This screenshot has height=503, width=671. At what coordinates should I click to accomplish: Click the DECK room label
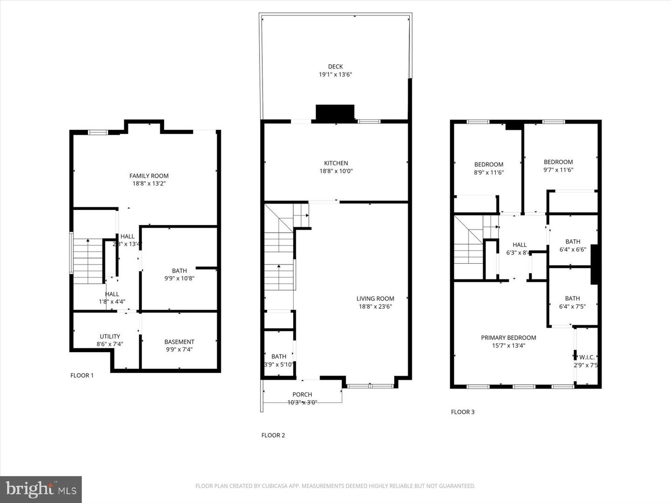tap(335, 67)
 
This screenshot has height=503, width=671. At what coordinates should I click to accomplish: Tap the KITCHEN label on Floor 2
tap(336, 163)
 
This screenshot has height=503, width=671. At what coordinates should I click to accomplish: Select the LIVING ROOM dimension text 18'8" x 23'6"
tap(375, 306)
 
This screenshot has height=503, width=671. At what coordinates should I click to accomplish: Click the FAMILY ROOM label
tap(149, 176)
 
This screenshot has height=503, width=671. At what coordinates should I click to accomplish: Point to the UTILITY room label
tap(110, 336)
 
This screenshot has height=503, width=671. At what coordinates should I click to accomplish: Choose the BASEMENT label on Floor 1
tap(179, 341)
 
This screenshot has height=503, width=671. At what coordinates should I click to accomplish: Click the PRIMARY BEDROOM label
tap(508, 338)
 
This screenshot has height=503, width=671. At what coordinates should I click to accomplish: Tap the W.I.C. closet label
tap(586, 357)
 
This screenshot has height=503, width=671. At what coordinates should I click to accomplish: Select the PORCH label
tap(302, 394)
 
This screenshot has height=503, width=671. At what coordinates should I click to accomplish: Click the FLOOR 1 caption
tap(82, 375)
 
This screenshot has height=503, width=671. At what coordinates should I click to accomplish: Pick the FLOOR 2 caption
tap(273, 435)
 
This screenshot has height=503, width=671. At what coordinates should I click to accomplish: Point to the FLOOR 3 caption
tap(463, 412)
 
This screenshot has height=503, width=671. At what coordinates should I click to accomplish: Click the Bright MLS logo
tap(41, 489)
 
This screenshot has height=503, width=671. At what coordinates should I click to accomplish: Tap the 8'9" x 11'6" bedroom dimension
tap(489, 172)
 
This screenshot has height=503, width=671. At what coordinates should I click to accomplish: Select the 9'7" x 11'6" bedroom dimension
tap(558, 170)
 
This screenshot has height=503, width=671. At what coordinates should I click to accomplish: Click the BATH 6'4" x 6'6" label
tap(573, 242)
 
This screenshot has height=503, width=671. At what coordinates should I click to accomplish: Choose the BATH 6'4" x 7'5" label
tap(572, 299)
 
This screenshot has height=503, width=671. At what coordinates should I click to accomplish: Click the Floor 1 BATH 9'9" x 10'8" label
tap(179, 271)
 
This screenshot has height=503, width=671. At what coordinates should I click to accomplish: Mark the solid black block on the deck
tap(335, 113)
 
